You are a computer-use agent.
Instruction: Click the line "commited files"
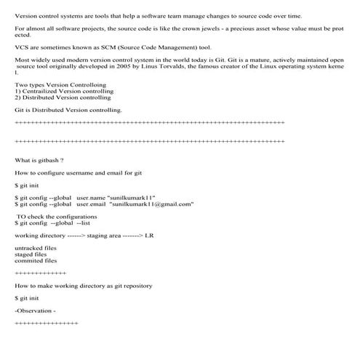click(x=35, y=260)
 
